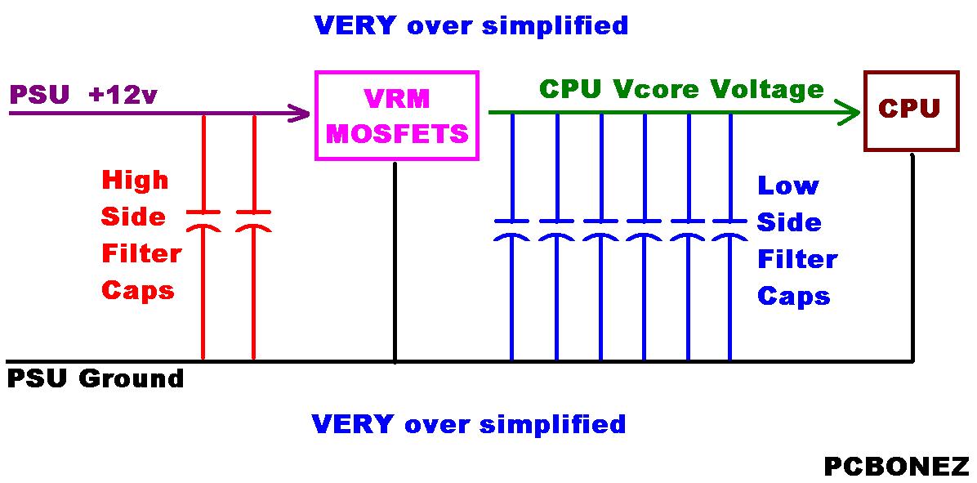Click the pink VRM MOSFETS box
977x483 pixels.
[x=397, y=115]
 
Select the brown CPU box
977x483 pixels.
[x=911, y=110]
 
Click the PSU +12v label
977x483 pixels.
[x=83, y=95]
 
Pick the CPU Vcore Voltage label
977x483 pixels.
[x=681, y=88]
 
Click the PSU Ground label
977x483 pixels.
[x=95, y=379]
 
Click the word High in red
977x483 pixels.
[x=135, y=181]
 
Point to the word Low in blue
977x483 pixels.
[x=787, y=186]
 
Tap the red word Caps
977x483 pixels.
[x=138, y=290]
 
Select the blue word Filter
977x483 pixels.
[x=797, y=260]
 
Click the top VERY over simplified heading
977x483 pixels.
[x=471, y=25]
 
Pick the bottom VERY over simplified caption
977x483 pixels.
[x=469, y=424]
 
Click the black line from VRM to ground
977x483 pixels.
[x=395, y=262]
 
